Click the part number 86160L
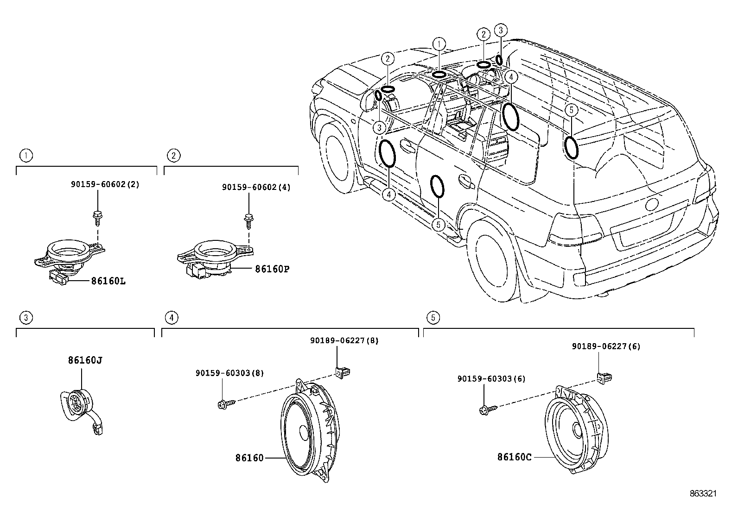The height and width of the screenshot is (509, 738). tap(108, 281)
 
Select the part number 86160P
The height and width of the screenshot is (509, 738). tap(272, 269)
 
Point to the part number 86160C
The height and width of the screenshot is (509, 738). tap(514, 457)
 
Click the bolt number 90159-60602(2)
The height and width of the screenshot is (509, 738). tap(105, 184)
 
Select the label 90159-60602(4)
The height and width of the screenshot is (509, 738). tap(256, 187)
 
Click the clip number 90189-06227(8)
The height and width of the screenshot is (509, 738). tap(344, 340)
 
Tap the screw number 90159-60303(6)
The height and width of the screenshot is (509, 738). tap(491, 378)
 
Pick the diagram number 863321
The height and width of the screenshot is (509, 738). tap(703, 494)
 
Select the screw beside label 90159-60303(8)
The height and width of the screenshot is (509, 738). tap(225, 404)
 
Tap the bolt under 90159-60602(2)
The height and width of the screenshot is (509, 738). tap(97, 215)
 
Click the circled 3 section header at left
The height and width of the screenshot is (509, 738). tap(26, 317)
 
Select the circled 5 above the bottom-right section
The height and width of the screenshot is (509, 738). tap(433, 317)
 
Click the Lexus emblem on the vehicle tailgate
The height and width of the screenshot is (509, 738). tap(651, 204)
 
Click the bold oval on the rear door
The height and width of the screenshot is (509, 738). tap(437, 186)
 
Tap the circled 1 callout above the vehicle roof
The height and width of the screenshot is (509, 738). tap(439, 44)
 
